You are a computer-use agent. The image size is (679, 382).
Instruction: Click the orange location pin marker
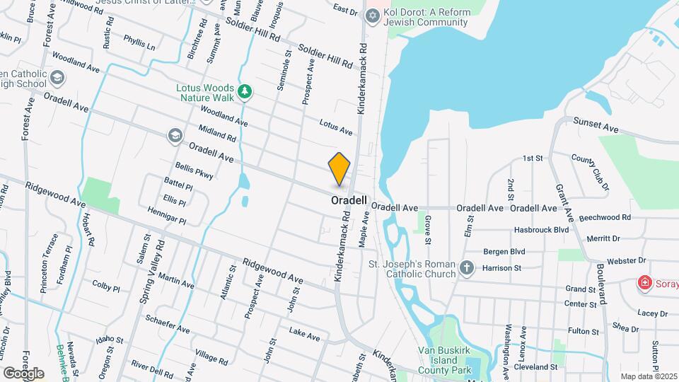(x=339, y=169)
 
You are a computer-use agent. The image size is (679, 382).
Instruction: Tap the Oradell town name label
(x=349, y=201)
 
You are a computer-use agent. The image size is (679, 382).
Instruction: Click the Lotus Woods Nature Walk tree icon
(x=245, y=91)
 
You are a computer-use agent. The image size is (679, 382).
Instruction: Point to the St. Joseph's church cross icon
(x=466, y=268)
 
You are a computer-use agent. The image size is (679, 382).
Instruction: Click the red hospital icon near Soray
(x=644, y=284)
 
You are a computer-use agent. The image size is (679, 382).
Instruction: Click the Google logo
(x=23, y=373)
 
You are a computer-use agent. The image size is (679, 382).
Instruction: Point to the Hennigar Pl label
(x=167, y=215)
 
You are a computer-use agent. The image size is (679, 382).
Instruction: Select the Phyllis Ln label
(x=139, y=42)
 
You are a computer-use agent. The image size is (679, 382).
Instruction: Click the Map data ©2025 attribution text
(x=649, y=376)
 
